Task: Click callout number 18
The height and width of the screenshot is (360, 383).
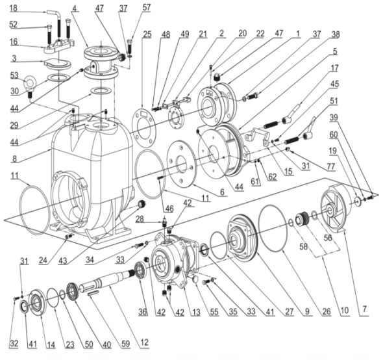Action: (14, 8)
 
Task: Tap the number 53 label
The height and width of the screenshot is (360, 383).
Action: (14, 75)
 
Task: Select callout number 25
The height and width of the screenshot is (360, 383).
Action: (147, 34)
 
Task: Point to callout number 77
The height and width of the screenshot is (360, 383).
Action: (330, 166)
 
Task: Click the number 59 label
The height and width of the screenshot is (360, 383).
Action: (125, 344)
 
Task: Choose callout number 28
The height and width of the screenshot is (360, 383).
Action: (140, 219)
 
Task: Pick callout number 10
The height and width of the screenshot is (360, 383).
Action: (345, 311)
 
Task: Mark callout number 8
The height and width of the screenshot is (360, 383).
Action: (14, 159)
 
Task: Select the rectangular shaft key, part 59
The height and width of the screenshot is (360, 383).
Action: (93, 294)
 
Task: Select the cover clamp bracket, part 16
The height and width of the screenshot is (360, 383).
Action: (59, 46)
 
